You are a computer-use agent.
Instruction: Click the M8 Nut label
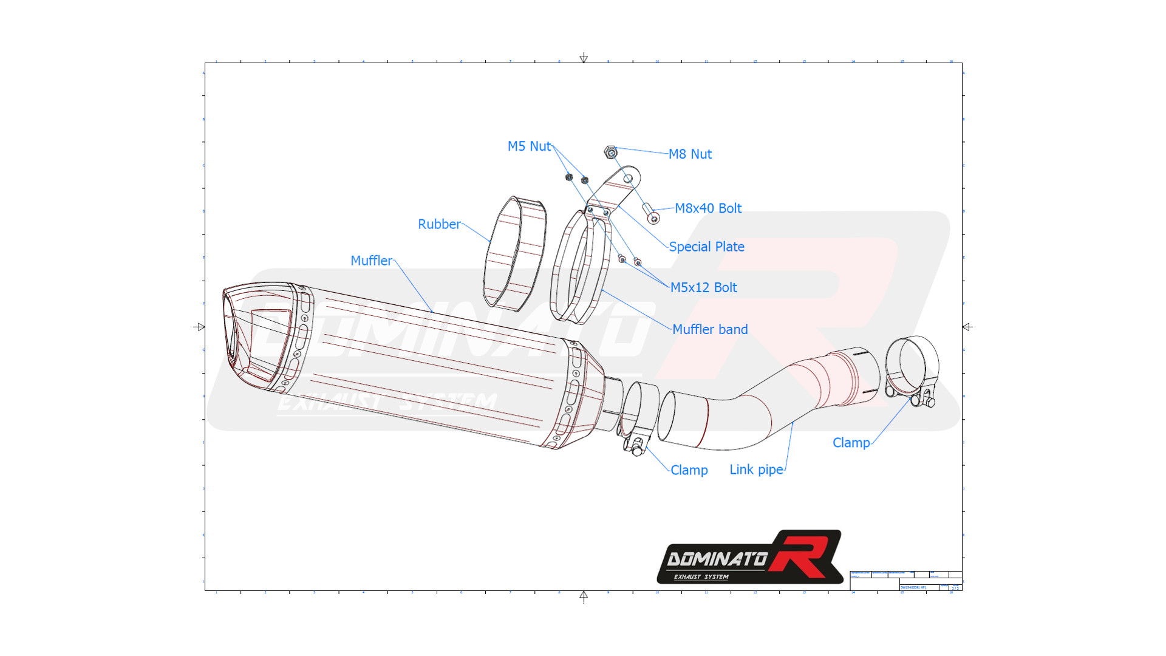click(x=690, y=154)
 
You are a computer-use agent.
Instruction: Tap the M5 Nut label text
click(x=529, y=146)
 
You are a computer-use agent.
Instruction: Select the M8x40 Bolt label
click(x=708, y=208)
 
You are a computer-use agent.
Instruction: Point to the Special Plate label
click(x=706, y=247)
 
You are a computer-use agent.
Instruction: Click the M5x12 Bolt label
click(x=703, y=287)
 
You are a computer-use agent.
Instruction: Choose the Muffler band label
click(x=710, y=329)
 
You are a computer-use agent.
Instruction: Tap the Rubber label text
click(x=439, y=224)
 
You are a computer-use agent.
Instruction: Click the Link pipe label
click(x=756, y=470)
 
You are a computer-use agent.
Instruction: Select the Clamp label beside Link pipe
click(x=689, y=470)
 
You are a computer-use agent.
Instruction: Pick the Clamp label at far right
click(x=851, y=443)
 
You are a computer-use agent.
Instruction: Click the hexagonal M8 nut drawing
click(x=611, y=152)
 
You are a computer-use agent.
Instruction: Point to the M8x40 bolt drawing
click(x=651, y=214)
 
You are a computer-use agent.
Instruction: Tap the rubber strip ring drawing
click(x=515, y=254)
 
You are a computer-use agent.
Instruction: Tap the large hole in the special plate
click(x=629, y=179)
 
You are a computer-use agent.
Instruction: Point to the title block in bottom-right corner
click(x=905, y=581)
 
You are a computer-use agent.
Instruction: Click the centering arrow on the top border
click(x=584, y=58)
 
